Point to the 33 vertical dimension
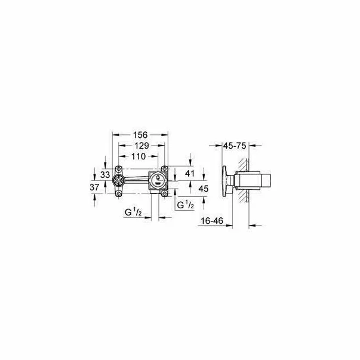104,175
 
